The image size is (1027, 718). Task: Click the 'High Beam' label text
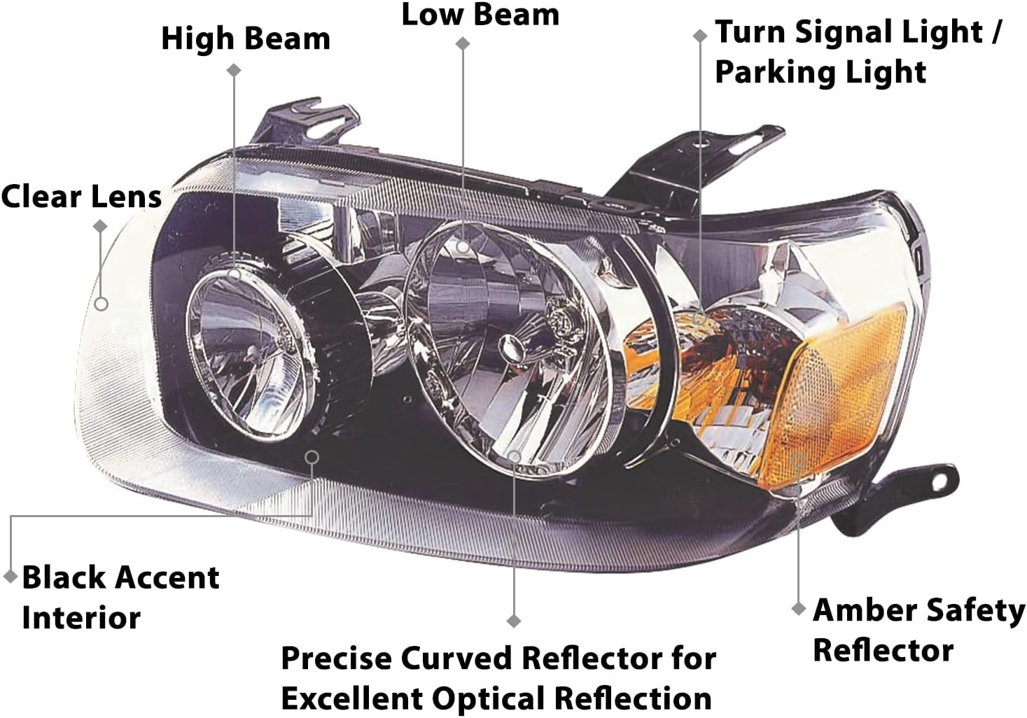tap(245, 39)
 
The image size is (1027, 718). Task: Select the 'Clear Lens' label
tap(81, 197)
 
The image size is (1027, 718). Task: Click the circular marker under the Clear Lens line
tap(102, 304)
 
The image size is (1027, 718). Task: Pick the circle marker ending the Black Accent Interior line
tap(312, 457)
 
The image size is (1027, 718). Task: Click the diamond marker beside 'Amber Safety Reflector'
tap(798, 609)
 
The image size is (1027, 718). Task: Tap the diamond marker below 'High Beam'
tap(235, 70)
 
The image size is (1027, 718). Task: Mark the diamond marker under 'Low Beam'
tap(462, 43)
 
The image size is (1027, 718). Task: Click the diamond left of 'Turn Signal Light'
tap(699, 35)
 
